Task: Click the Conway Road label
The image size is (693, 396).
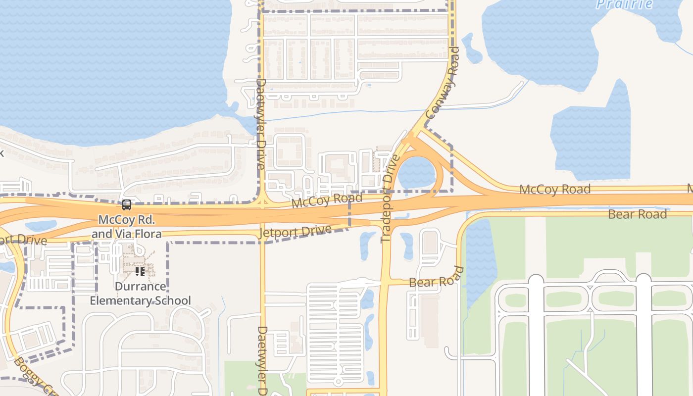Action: pyautogui.click(x=443, y=83)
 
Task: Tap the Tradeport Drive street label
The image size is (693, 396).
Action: pyautogui.click(x=390, y=198)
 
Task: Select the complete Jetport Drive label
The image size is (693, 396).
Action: pyautogui.click(x=295, y=232)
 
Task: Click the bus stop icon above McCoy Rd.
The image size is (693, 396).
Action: pyautogui.click(x=127, y=204)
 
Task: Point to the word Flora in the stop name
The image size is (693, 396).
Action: pyautogui.click(x=147, y=233)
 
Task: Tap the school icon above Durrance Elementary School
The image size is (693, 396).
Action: pyautogui.click(x=140, y=271)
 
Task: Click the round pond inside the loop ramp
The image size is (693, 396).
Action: pyautogui.click(x=417, y=172)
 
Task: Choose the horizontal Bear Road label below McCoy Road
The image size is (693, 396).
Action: pyautogui.click(x=637, y=214)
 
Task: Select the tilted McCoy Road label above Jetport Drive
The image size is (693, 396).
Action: pyautogui.click(x=327, y=201)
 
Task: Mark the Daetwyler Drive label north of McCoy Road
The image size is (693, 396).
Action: pyautogui.click(x=261, y=124)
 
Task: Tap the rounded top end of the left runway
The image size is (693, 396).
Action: pyautogui.click(x=536, y=280)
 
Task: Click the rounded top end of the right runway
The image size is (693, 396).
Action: pyautogui.click(x=643, y=280)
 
